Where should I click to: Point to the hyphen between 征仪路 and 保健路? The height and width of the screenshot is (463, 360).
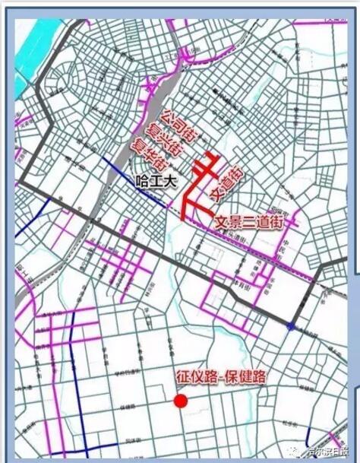[x=220, y=375]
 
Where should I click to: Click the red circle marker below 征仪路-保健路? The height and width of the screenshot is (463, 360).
[x=181, y=401]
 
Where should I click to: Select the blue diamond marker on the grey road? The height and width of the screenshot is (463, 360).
[x=292, y=326]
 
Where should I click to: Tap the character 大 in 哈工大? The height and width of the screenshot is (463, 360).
[x=166, y=181]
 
